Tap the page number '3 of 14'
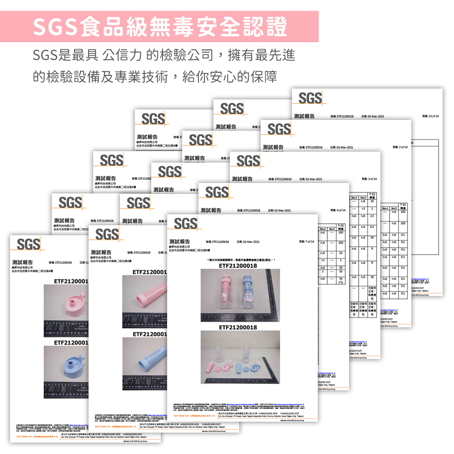pyautogui.click(x=369, y=178)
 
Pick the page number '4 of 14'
pyautogui.click(x=338, y=210)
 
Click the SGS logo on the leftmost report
pyautogui.click(x=28, y=244)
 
